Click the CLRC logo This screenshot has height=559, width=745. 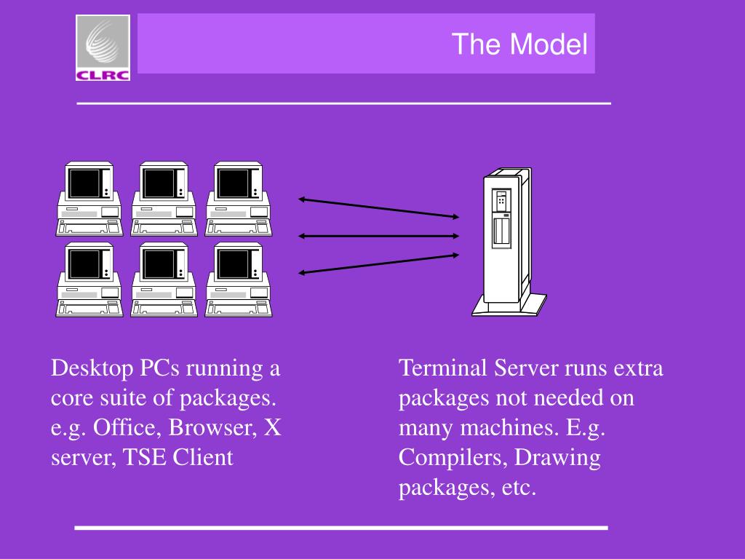click(x=103, y=47)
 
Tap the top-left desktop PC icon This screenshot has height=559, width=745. click(x=89, y=199)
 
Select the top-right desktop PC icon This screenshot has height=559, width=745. click(x=239, y=199)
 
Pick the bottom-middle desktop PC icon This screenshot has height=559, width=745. click(x=164, y=279)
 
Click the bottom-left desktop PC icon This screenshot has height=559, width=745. click(x=89, y=279)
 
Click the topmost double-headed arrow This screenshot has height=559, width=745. click(x=378, y=207)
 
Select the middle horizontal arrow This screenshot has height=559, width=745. click(x=378, y=236)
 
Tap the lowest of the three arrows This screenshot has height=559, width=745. click(x=378, y=263)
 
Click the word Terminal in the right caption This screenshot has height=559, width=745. click(x=443, y=368)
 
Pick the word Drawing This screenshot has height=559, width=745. click(x=558, y=458)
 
